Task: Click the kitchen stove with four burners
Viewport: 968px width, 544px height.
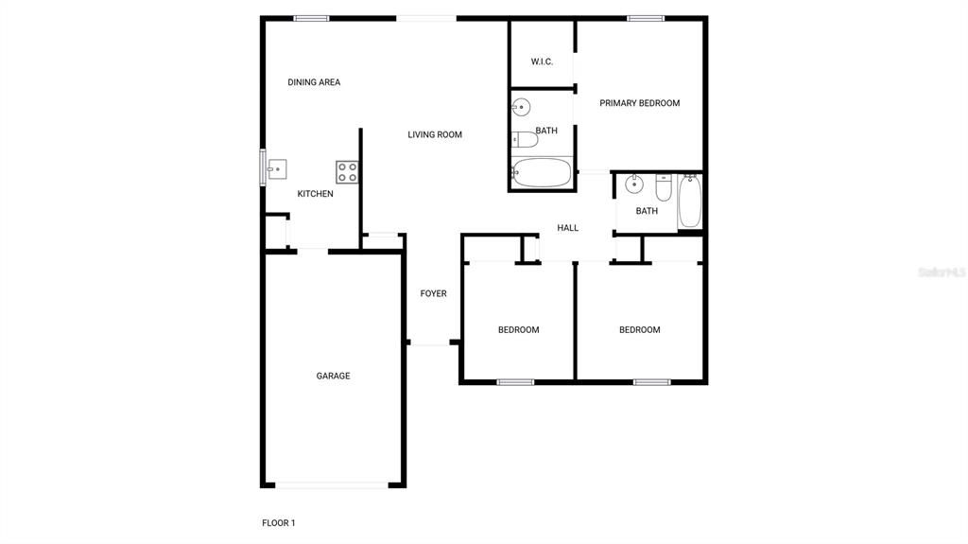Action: click(x=347, y=171)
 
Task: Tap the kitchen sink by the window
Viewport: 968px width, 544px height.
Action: click(x=276, y=170)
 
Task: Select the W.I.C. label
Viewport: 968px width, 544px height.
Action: click(x=542, y=61)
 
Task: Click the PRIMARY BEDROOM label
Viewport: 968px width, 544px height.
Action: click(x=639, y=103)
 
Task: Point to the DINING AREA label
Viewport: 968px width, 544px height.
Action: click(x=314, y=82)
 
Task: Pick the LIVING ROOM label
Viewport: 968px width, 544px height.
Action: click(x=435, y=134)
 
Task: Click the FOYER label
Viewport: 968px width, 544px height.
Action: click(x=433, y=293)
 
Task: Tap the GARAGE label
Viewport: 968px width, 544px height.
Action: click(x=333, y=376)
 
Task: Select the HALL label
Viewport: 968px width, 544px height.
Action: click(x=567, y=228)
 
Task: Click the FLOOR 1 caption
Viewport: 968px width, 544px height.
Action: click(x=279, y=522)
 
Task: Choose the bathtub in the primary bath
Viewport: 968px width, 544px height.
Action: click(x=542, y=173)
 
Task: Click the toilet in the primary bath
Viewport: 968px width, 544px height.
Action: click(x=525, y=140)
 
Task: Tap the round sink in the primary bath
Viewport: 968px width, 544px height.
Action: click(x=521, y=106)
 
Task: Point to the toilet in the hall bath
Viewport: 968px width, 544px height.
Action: click(x=663, y=188)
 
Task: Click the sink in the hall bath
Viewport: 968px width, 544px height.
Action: click(x=634, y=184)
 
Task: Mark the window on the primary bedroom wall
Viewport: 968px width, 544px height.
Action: click(x=646, y=18)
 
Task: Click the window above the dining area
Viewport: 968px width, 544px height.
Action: click(x=311, y=18)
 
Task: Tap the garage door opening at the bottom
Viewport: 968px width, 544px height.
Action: click(x=332, y=485)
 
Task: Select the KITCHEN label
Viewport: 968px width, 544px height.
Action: click(x=315, y=194)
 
